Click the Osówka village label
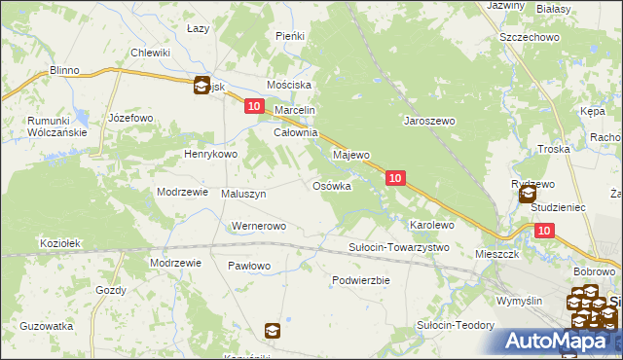[x=331, y=186]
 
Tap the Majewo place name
[x=351, y=155]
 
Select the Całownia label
[x=296, y=132]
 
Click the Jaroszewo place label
[x=430, y=122]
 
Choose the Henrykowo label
[x=211, y=154]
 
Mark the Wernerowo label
[x=257, y=227]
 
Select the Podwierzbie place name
[x=360, y=279]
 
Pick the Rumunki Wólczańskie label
[x=45, y=126]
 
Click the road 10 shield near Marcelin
[x=254, y=106]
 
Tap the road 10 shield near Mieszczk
[x=543, y=230]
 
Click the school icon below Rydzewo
[x=529, y=195]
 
